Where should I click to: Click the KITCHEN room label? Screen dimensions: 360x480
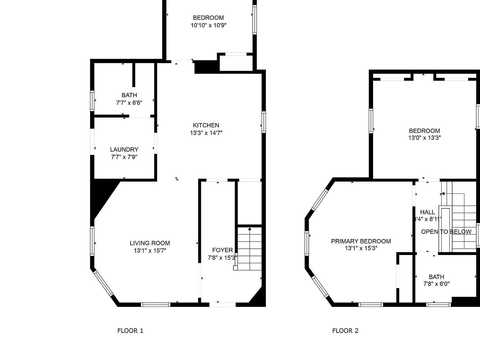[206, 125]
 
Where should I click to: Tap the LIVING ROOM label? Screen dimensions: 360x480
[150, 243]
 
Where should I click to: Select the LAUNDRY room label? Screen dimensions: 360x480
[124, 150]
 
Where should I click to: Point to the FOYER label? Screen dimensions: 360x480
[222, 250]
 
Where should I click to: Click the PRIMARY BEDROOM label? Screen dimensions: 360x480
[361, 241]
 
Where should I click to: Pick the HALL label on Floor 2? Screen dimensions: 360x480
[427, 212]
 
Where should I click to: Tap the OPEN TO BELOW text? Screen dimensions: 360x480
[446, 232]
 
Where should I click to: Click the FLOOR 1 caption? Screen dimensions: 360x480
[130, 331]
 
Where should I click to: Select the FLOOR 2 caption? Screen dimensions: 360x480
[345, 331]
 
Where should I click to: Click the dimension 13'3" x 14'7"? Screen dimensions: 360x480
[206, 133]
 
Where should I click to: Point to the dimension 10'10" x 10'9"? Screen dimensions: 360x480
[208, 25]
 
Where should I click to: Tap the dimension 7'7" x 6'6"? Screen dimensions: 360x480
[129, 102]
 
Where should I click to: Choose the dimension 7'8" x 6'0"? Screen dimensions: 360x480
[437, 284]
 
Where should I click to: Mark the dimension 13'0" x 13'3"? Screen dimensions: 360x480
[424, 138]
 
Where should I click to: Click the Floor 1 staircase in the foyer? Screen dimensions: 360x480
[249, 248]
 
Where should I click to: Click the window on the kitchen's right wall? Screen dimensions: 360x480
[264, 122]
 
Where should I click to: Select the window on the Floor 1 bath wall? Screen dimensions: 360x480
[92, 101]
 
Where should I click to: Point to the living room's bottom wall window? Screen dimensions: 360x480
[155, 304]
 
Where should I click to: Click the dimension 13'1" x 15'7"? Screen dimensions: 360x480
[150, 251]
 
